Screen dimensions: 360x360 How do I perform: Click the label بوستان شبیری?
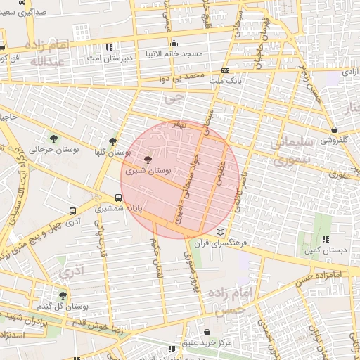pos(149,171)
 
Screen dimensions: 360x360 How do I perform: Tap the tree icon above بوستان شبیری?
pos(147,160)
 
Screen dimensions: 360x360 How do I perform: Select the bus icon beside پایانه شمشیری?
pos(118,198)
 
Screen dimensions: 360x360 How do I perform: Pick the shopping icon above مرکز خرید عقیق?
pos(207,332)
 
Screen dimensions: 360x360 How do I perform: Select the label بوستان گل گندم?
pos(66,307)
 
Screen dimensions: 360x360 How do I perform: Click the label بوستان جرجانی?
pos(49,149)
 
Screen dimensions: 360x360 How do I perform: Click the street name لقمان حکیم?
pos(155,255)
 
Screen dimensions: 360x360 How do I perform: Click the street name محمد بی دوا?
pos(186,74)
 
